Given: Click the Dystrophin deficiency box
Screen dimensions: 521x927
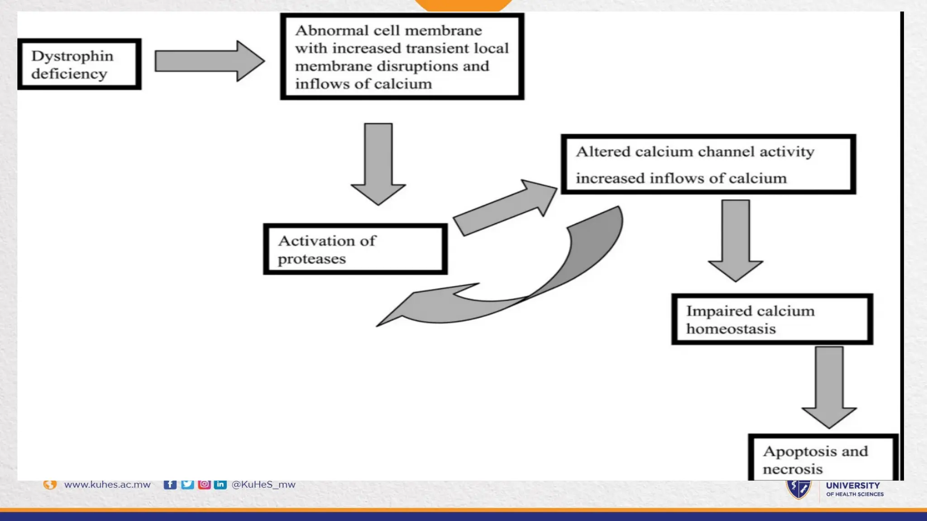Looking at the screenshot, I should point(79,64).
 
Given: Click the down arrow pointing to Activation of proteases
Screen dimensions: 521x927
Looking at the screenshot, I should point(378,163).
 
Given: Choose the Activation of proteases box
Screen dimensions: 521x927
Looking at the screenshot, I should point(355,249).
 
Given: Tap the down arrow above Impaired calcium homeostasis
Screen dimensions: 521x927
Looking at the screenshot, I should point(736,240).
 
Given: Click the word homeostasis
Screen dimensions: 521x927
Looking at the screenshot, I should point(731,329).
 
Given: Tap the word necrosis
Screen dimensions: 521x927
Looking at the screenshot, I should point(793,469).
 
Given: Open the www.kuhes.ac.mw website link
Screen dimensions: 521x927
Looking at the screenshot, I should point(107,484).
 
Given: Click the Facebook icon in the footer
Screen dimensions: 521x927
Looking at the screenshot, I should point(170,484).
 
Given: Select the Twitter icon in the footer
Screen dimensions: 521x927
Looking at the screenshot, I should point(187,484).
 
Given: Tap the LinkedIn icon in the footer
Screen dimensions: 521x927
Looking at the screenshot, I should point(220,484).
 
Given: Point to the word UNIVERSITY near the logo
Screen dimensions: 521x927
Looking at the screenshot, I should point(853,486).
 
